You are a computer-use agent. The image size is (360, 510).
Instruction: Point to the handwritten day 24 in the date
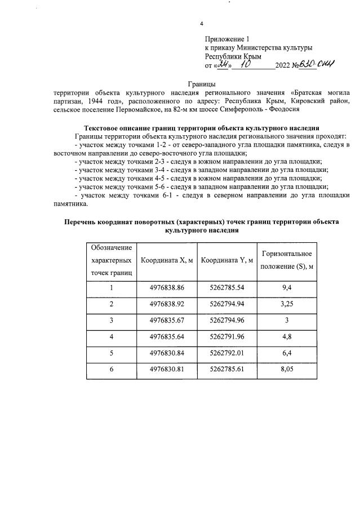tap(224, 65)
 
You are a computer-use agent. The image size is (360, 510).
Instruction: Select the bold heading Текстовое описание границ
tap(202, 128)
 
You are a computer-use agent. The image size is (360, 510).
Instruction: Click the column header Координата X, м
tap(167, 260)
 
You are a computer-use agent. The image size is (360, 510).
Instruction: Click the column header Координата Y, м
tap(227, 260)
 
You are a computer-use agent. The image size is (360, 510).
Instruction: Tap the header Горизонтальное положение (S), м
tap(286, 260)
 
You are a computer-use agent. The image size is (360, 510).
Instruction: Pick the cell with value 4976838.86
tap(167, 288)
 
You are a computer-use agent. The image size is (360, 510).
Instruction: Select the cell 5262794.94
tap(227, 304)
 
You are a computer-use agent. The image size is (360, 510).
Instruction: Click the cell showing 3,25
tap(286, 304)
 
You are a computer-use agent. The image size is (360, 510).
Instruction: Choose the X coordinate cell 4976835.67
tap(167, 321)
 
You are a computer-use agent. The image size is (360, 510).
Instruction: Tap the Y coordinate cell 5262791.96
tap(227, 338)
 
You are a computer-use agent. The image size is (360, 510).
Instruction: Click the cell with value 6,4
tap(286, 354)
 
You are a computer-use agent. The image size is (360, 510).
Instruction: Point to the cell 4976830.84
tap(167, 354)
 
